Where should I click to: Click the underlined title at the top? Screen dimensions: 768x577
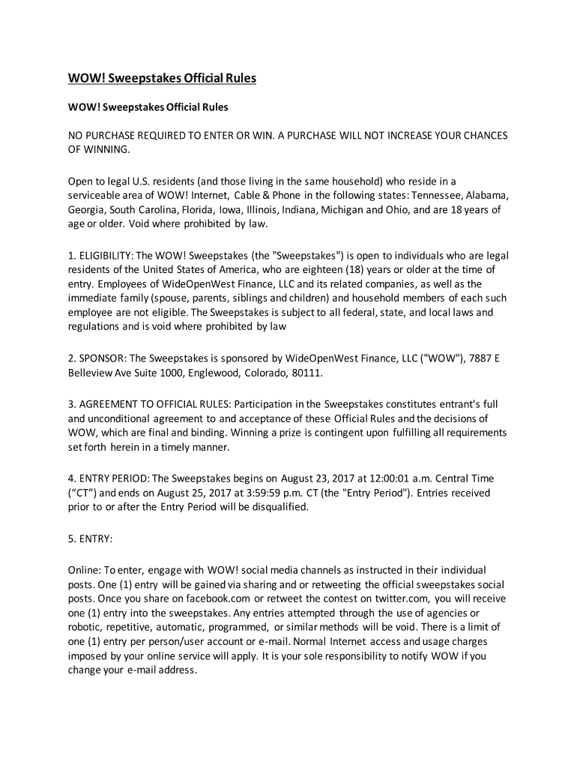163,79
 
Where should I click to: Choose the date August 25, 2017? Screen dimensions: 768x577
205,493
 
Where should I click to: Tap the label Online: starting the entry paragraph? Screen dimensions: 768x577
84,570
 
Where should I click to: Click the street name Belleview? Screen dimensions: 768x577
93,373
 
